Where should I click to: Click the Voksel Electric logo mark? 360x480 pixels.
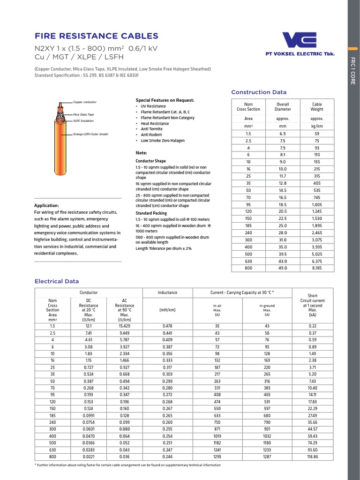(300, 40)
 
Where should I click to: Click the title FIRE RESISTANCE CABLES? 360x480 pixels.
(97, 36)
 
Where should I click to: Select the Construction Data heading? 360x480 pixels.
(259, 92)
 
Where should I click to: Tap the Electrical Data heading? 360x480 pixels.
(57, 281)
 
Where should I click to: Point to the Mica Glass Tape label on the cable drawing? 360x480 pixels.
(83, 114)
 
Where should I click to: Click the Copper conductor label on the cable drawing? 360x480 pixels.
(84, 102)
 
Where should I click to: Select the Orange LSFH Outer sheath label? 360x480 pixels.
(90, 134)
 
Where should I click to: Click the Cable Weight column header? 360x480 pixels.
(317, 107)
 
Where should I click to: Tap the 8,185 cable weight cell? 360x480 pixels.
(317, 268)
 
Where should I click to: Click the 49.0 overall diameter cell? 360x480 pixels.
(283, 268)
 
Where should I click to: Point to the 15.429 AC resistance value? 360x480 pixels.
(125, 325)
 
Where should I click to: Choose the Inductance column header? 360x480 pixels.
(167, 292)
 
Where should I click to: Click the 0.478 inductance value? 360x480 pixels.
(167, 325)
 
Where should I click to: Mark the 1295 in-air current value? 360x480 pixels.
(217, 457)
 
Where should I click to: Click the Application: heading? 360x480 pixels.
(47, 205)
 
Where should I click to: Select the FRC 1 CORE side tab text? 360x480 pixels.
(353, 70)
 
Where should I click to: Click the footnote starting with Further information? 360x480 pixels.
(128, 465)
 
